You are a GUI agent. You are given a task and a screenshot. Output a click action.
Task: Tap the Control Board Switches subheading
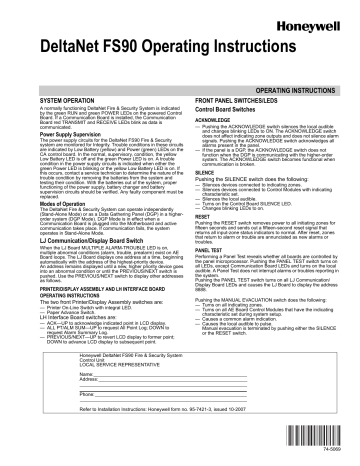219,111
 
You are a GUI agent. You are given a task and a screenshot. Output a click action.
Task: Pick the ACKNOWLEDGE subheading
209,120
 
